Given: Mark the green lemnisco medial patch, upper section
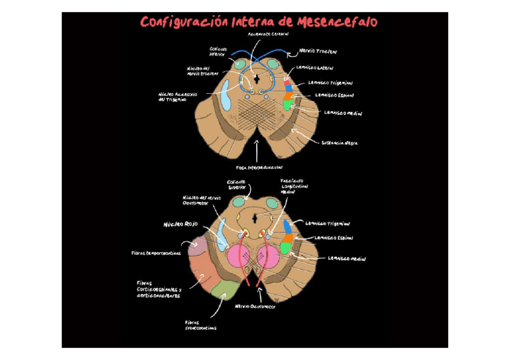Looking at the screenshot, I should click(x=288, y=103).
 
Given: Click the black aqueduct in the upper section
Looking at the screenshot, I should click(x=257, y=78).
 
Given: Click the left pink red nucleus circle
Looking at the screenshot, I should click(x=238, y=256).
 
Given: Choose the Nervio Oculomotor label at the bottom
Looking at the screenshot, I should click(x=255, y=306).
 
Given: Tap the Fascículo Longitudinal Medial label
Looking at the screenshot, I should click(x=294, y=186).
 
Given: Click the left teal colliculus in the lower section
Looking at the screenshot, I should click(x=235, y=204).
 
